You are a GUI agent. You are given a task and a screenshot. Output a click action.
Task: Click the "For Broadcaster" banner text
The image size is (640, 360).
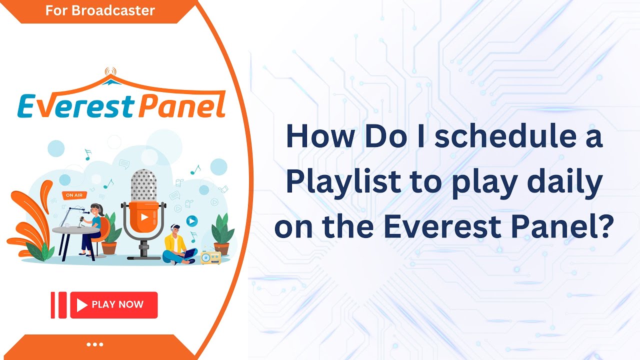point(100,10)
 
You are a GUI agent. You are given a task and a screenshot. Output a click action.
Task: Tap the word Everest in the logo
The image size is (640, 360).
point(75,106)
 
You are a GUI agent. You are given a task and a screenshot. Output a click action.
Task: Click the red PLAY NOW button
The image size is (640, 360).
point(114,305)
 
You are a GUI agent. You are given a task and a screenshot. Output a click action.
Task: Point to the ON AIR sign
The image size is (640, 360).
point(74,195)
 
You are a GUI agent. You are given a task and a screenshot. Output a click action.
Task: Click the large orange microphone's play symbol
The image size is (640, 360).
point(144,217)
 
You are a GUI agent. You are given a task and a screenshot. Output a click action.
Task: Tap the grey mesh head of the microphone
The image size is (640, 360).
point(143,185)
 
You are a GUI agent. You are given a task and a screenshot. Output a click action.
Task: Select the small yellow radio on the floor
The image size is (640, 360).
point(210,257)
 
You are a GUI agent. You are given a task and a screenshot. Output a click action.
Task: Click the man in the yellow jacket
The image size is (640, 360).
point(178,245)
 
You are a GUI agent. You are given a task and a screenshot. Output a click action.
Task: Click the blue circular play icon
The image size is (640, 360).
point(192,221)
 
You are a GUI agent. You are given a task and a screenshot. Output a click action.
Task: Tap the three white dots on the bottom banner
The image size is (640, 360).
point(95,344)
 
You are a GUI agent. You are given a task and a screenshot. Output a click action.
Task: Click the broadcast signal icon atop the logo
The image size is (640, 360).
point(110,71)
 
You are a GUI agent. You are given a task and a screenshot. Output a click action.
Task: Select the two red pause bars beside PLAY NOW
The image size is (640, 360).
point(58,305)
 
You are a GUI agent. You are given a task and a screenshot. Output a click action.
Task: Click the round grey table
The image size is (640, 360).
point(75,230)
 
